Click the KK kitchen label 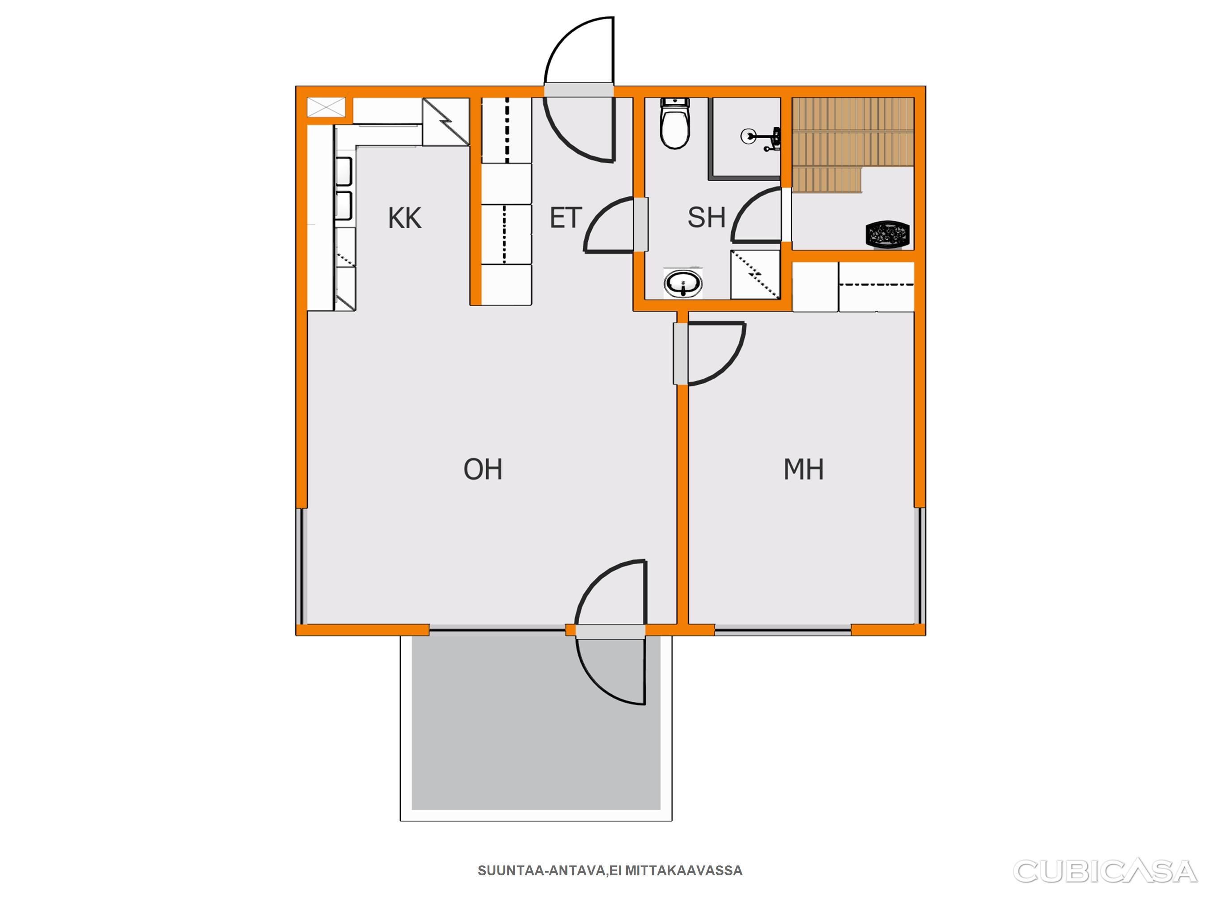405,218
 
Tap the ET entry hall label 566,218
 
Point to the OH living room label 483,469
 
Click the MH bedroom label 804,469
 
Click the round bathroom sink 683,284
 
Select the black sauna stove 887,233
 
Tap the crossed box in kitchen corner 326,107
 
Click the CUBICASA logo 1105,871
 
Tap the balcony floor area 536,723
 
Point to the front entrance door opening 579,90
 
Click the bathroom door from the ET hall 640,224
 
